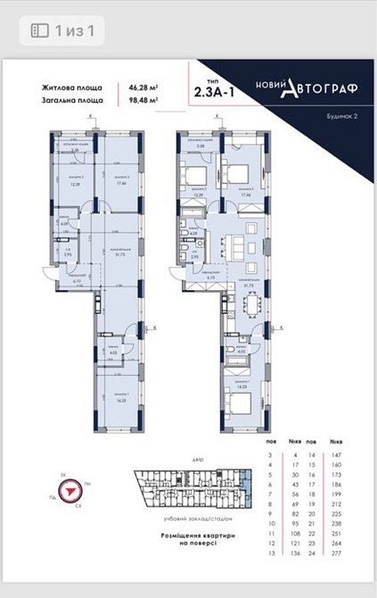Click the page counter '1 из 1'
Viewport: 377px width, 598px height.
pos(74,30)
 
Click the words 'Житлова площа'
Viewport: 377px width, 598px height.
pos(70,87)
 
